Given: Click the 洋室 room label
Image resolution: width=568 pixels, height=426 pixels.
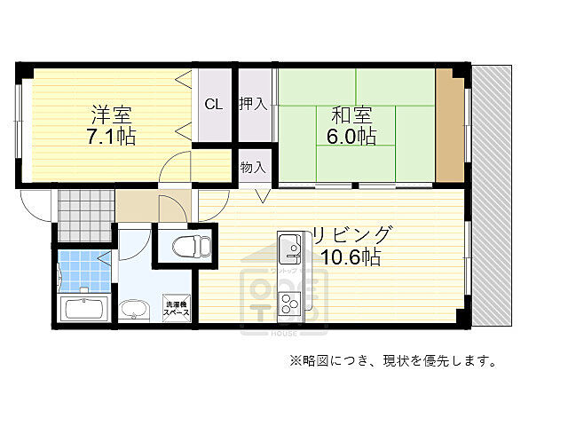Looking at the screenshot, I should click(x=113, y=115).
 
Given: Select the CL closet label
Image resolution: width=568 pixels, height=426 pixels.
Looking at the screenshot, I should click(x=214, y=104).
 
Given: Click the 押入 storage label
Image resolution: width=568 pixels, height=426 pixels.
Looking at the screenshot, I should click(x=252, y=104).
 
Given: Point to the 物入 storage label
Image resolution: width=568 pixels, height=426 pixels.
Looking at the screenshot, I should click(x=252, y=167).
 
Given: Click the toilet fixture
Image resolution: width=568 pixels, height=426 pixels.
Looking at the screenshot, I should click(x=185, y=245).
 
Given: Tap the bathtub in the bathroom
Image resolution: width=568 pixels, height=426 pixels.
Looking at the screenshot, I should click(x=84, y=310).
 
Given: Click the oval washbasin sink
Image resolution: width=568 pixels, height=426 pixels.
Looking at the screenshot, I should click(x=135, y=310).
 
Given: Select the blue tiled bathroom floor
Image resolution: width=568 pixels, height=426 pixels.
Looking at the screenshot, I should click(x=82, y=272).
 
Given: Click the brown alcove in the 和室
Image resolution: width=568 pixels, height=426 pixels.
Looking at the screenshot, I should click(x=451, y=129).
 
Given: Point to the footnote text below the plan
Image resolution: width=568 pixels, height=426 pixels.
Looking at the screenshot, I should click(x=390, y=360).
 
